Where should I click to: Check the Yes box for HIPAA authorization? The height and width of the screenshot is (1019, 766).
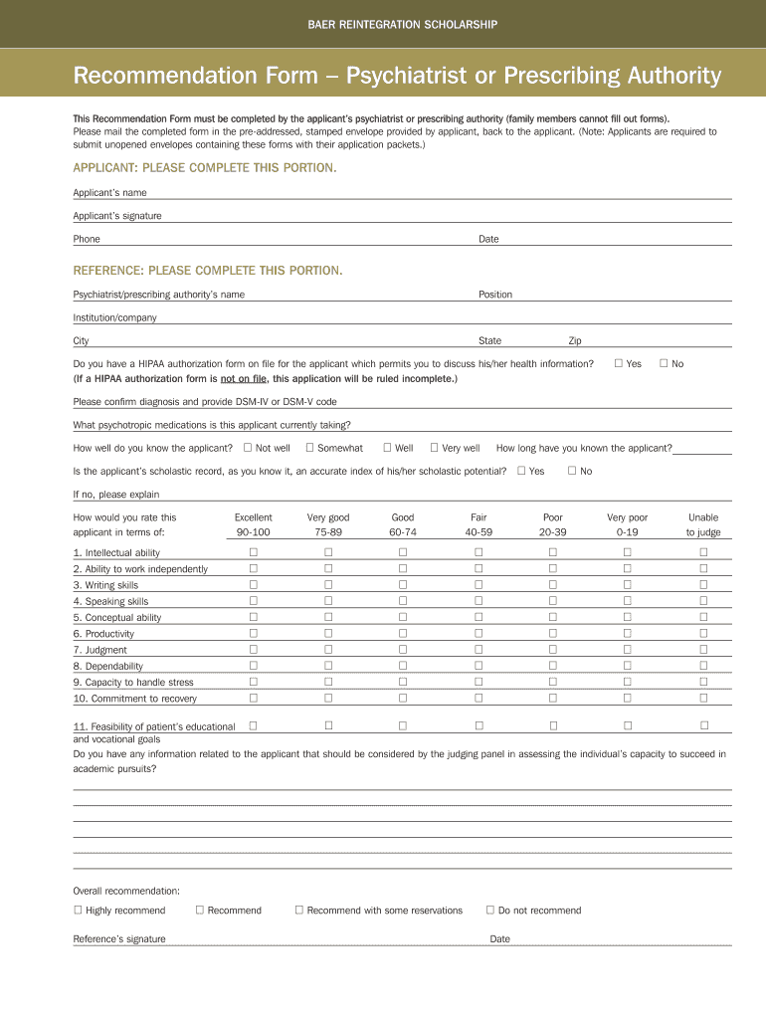click(x=618, y=363)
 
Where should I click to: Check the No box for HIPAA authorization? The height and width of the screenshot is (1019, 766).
click(x=664, y=363)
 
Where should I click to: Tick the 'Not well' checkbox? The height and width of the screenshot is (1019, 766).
click(x=248, y=448)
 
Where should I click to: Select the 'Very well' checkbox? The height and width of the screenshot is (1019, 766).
click(x=434, y=448)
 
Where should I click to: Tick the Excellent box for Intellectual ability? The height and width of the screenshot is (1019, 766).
click(x=253, y=552)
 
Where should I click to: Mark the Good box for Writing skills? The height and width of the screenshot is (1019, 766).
click(x=403, y=585)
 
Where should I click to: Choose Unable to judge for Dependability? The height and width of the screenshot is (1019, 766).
click(x=703, y=666)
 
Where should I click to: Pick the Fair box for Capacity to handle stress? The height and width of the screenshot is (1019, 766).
click(x=478, y=682)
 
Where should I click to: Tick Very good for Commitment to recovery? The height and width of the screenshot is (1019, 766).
click(x=328, y=698)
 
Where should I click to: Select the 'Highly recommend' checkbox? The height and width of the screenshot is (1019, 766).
click(x=78, y=910)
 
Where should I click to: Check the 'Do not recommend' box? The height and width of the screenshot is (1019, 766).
click(x=489, y=910)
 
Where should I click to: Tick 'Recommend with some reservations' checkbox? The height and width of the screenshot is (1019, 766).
click(x=298, y=910)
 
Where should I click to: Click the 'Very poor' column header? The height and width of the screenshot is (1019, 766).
click(x=627, y=517)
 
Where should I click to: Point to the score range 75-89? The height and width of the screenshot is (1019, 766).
click(x=328, y=533)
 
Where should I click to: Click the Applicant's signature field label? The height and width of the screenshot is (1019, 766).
click(x=117, y=216)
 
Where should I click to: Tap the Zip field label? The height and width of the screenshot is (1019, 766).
click(x=575, y=341)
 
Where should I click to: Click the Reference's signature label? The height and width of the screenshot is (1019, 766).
click(x=119, y=939)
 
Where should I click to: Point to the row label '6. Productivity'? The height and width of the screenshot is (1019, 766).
click(x=103, y=634)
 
